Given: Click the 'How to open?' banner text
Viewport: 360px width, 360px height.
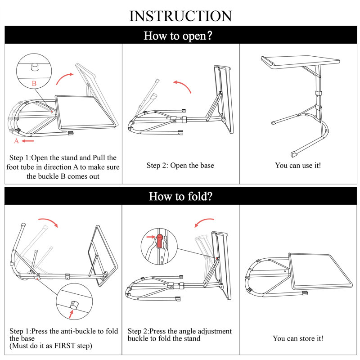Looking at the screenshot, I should pos(180,36).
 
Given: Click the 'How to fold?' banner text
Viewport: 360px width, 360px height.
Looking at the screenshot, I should pos(180,196).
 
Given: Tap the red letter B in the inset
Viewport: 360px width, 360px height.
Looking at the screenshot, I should pos(34,84).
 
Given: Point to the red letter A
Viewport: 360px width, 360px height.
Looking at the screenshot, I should pos(17,141).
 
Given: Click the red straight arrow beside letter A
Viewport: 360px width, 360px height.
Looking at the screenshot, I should pos(28,141).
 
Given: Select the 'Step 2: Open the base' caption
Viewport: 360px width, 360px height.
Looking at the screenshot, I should pos(180,166).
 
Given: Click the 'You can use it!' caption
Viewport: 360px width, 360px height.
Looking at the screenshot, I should pos(298,166).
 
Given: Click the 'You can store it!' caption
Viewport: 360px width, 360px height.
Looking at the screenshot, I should pos(298,338).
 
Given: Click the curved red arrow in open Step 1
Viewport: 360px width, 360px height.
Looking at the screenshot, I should pos(65,77).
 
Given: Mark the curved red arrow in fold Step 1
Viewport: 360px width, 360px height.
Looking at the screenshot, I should pos(48,222).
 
